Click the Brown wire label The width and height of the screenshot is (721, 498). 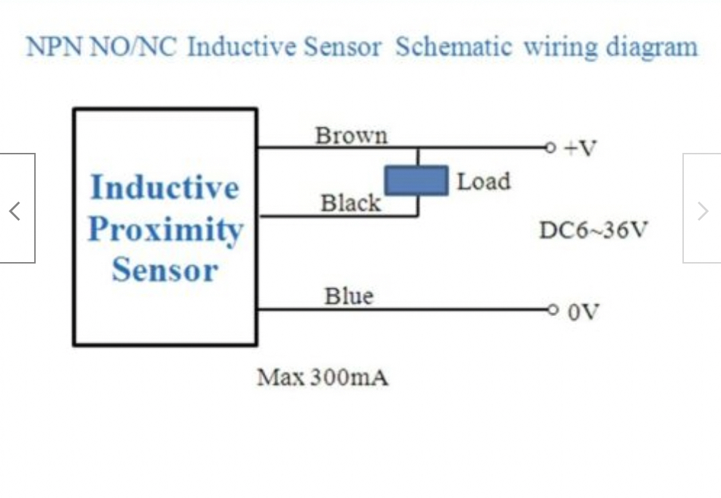[x=351, y=135]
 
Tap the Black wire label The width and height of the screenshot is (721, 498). [x=350, y=203]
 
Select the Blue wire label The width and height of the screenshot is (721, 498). [x=348, y=296]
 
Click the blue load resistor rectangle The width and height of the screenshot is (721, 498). [x=416, y=181]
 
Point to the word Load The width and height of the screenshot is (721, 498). [x=483, y=181]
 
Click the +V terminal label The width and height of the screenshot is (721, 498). [x=580, y=149]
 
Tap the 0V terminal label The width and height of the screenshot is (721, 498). [x=583, y=312]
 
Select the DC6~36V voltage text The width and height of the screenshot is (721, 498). [x=592, y=231]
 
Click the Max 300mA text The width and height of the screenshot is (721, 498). [x=322, y=378]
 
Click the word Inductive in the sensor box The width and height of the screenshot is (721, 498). [x=164, y=188]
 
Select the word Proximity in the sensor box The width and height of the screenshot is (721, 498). [x=165, y=229]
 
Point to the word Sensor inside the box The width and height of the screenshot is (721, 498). [x=165, y=270]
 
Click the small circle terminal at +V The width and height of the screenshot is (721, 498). [x=551, y=148]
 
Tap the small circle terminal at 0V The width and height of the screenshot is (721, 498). [x=553, y=310]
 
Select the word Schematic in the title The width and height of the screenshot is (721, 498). [x=453, y=47]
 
